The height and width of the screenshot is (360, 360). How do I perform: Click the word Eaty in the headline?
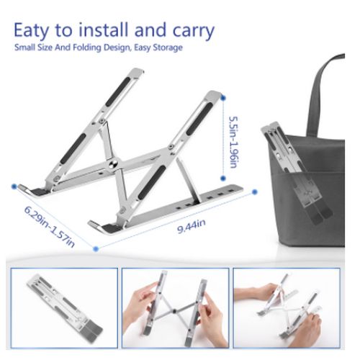[x=31, y=30]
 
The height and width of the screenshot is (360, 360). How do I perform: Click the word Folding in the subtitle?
[x=87, y=48]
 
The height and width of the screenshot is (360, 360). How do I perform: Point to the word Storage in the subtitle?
[x=168, y=48]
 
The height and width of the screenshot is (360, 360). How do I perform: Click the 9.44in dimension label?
[x=192, y=226]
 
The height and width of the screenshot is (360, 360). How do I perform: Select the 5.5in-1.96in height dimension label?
[x=233, y=142]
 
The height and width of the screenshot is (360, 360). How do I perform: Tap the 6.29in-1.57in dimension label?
[x=50, y=226]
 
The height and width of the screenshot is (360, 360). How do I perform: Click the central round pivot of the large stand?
[x=114, y=165]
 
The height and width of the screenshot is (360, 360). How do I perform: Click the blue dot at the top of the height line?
[x=223, y=98]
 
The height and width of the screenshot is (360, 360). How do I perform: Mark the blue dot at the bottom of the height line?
[x=223, y=179]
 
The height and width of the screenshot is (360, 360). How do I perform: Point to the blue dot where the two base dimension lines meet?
[x=96, y=249]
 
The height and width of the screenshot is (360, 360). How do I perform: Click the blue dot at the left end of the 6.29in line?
[x=14, y=186]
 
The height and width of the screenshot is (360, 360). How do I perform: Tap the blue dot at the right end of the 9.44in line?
[x=255, y=192]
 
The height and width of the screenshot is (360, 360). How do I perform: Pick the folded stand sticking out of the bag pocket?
[x=297, y=173]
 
